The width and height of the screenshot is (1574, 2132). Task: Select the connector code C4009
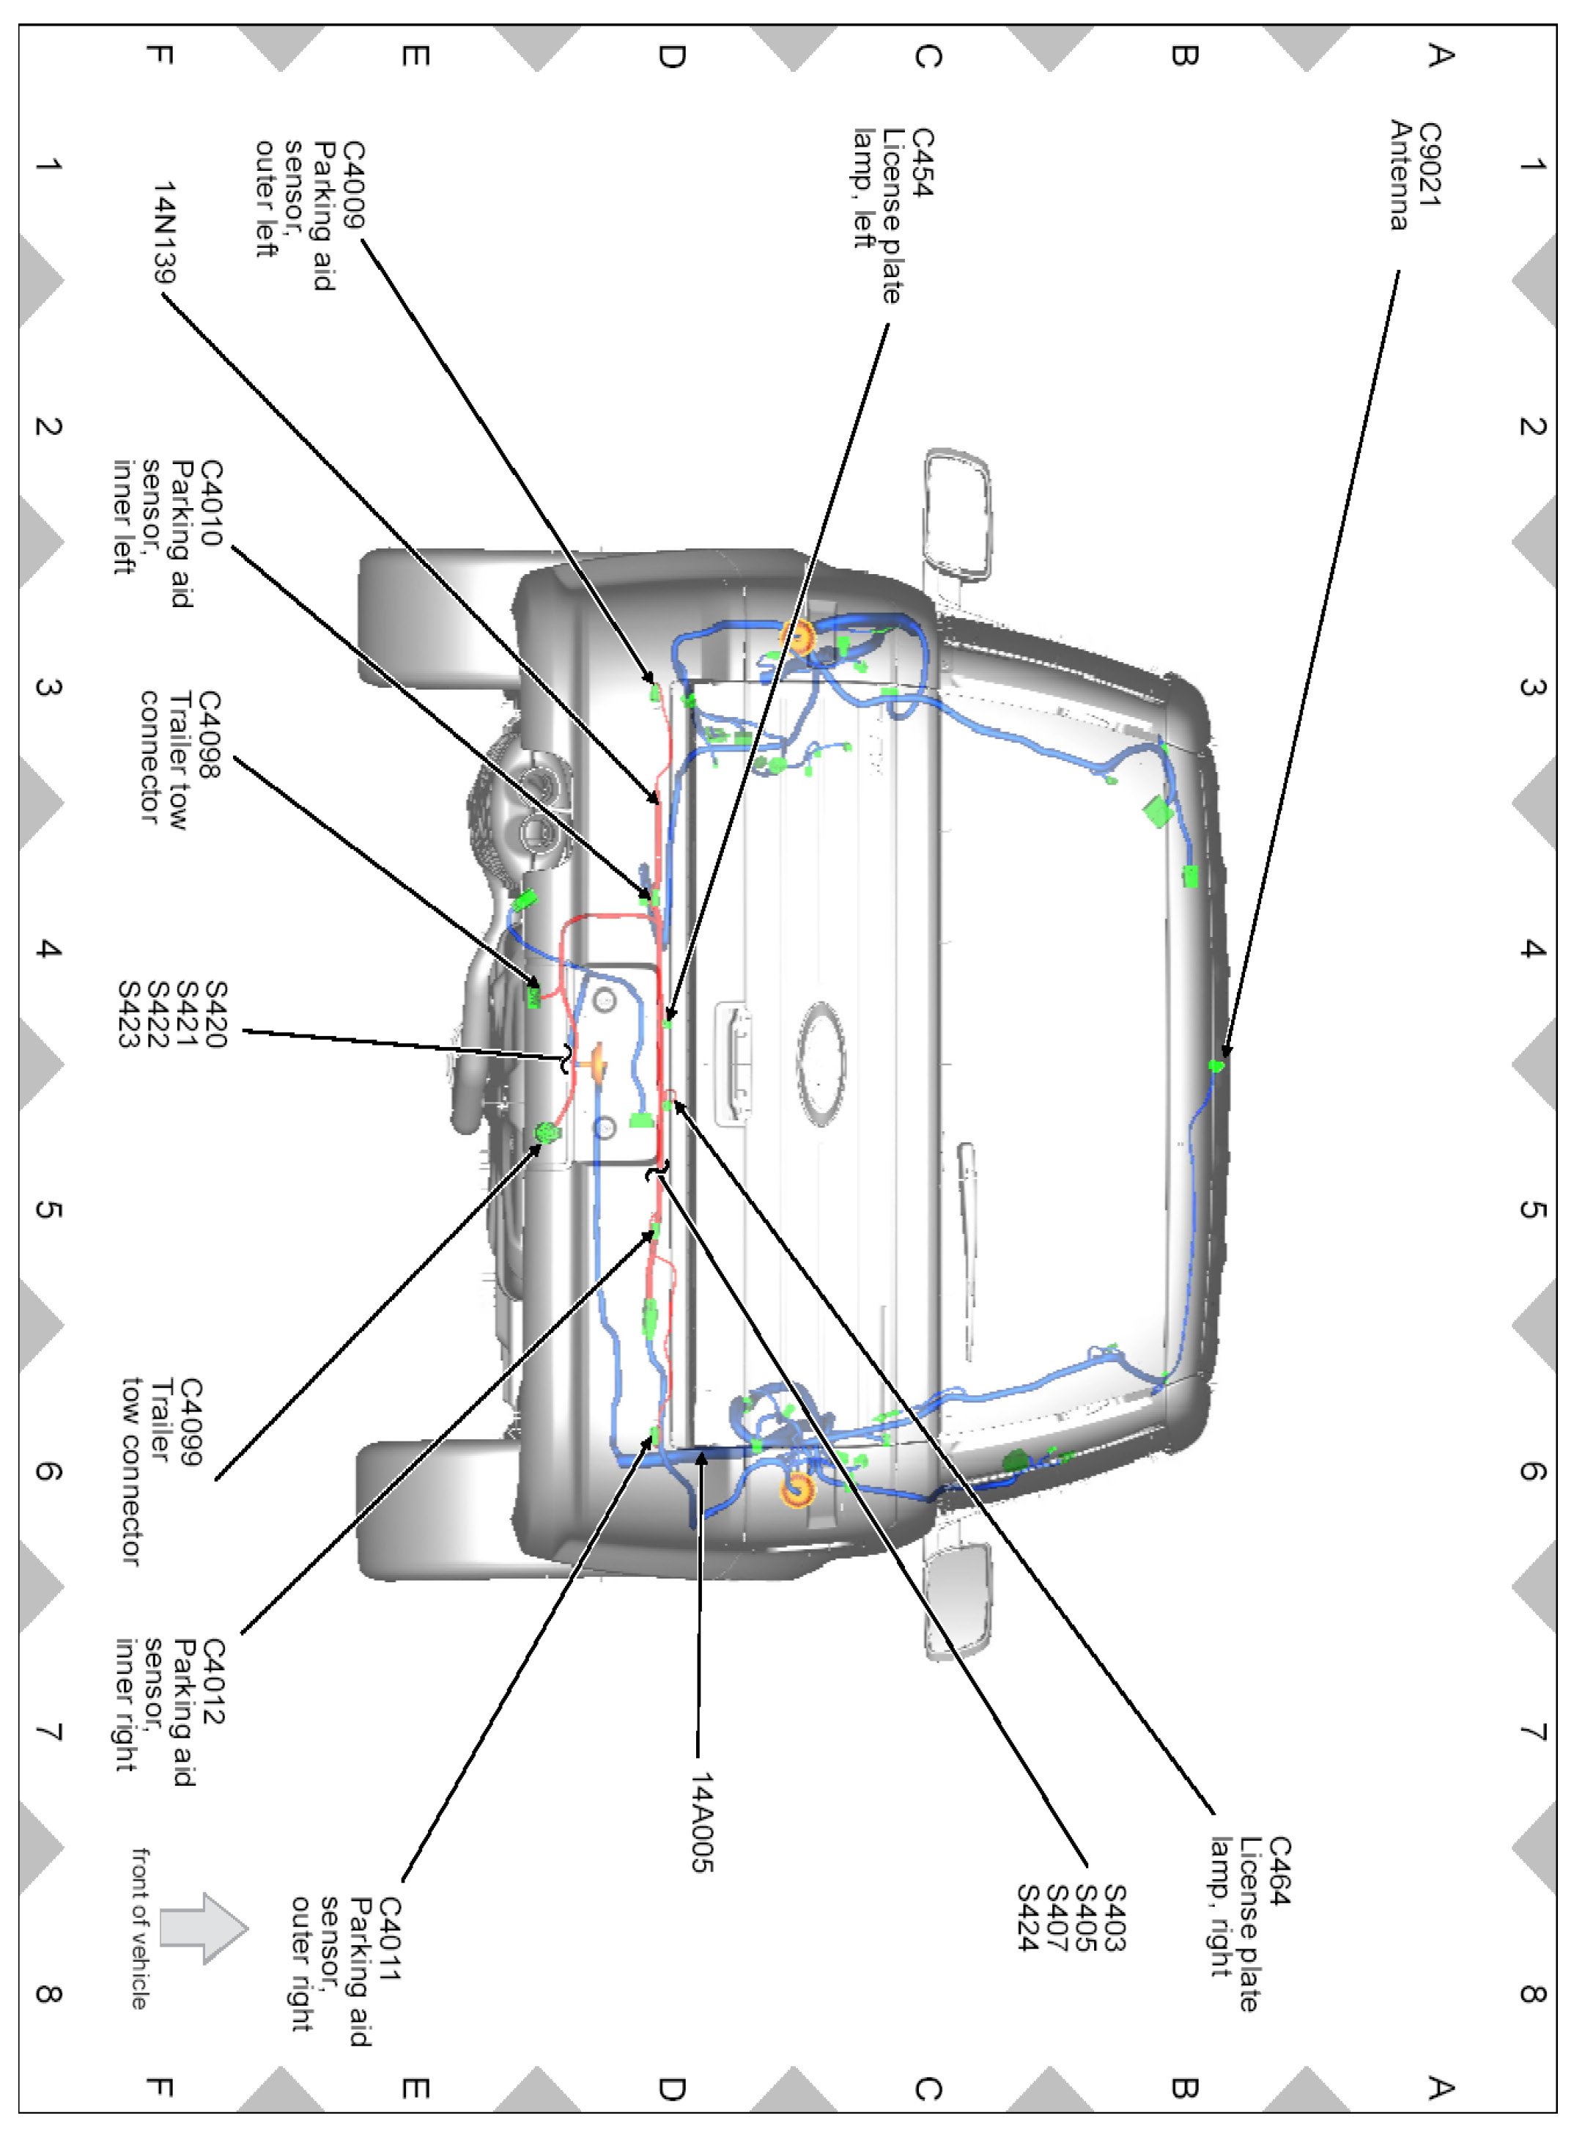click(x=352, y=185)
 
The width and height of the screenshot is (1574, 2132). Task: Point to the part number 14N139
click(x=165, y=232)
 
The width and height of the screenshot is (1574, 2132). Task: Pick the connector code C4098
click(x=209, y=734)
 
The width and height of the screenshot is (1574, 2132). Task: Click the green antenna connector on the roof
click(x=1216, y=1065)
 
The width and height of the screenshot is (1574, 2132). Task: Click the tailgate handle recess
click(x=733, y=1062)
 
